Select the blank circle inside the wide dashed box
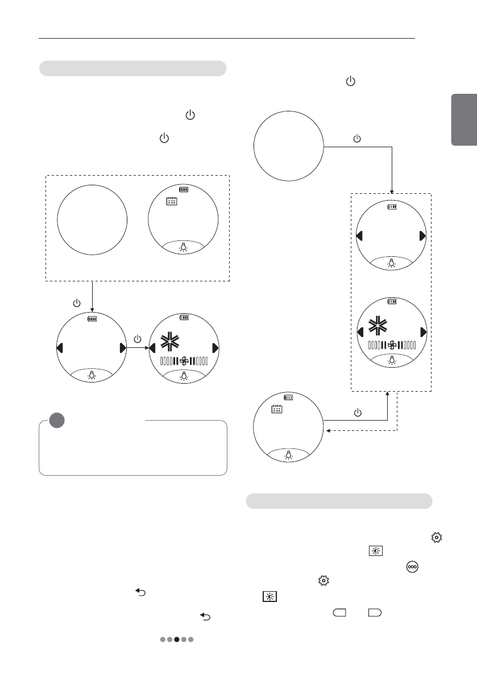click(92, 219)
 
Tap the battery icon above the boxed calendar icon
click(183, 190)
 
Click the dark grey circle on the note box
click(56, 420)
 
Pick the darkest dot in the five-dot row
click(177, 639)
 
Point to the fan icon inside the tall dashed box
click(391, 344)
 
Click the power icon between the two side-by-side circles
click(138, 339)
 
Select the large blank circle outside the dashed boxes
click(288, 146)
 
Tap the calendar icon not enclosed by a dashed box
click(277, 409)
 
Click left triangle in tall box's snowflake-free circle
click(359, 236)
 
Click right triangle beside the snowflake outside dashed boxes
click(215, 348)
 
